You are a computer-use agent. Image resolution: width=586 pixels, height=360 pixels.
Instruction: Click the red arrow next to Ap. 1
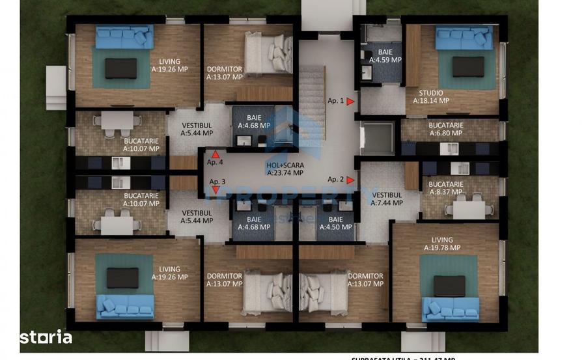(x=350, y=102)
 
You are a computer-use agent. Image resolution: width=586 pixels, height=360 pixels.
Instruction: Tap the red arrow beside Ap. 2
(x=350, y=180)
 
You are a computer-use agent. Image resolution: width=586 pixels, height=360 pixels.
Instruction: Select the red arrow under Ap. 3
(x=216, y=189)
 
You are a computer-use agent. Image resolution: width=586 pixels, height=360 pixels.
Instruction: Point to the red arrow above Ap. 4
(x=216, y=154)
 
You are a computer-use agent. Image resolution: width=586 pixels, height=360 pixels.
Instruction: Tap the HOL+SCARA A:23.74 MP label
(x=285, y=169)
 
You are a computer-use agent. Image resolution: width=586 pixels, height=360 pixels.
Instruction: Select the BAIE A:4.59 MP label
(x=385, y=56)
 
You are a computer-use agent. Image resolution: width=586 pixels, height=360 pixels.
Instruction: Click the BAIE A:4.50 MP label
(x=335, y=223)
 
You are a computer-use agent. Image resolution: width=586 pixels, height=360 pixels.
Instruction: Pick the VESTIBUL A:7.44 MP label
(x=387, y=199)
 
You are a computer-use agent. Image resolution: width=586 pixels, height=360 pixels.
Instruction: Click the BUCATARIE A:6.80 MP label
(x=446, y=129)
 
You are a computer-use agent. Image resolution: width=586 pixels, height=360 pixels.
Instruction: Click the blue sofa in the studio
(x=464, y=37)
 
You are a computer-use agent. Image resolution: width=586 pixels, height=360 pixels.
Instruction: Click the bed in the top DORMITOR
(x=268, y=52)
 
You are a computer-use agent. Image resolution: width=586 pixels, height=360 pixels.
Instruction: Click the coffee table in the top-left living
(x=121, y=68)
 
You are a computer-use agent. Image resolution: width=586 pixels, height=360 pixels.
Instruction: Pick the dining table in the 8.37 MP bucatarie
(x=468, y=210)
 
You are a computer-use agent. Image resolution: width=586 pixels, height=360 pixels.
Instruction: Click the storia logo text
(x=47, y=337)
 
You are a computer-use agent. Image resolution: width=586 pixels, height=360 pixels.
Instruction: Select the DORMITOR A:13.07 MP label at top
(x=225, y=73)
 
